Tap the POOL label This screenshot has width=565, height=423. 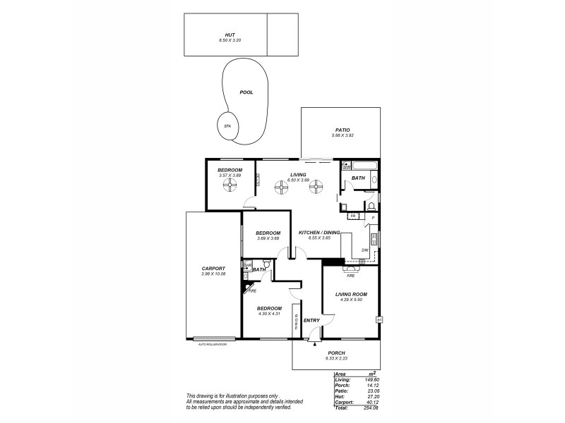coord(246,92)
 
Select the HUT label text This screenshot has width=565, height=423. coord(230,35)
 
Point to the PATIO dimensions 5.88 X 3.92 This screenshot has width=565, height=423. coord(342,135)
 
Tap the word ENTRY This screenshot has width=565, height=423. coord(311,321)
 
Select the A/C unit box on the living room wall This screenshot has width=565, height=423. coord(379,319)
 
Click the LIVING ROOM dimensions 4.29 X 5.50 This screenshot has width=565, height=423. coord(350,300)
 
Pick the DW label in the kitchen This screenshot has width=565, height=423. coord(364,250)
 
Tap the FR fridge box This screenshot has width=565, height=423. coord(352,216)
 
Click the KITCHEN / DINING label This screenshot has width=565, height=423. coord(319,233)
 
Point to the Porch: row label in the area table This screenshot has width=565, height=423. coord(341,385)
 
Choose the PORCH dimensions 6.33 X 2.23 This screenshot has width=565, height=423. coord(335,360)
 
